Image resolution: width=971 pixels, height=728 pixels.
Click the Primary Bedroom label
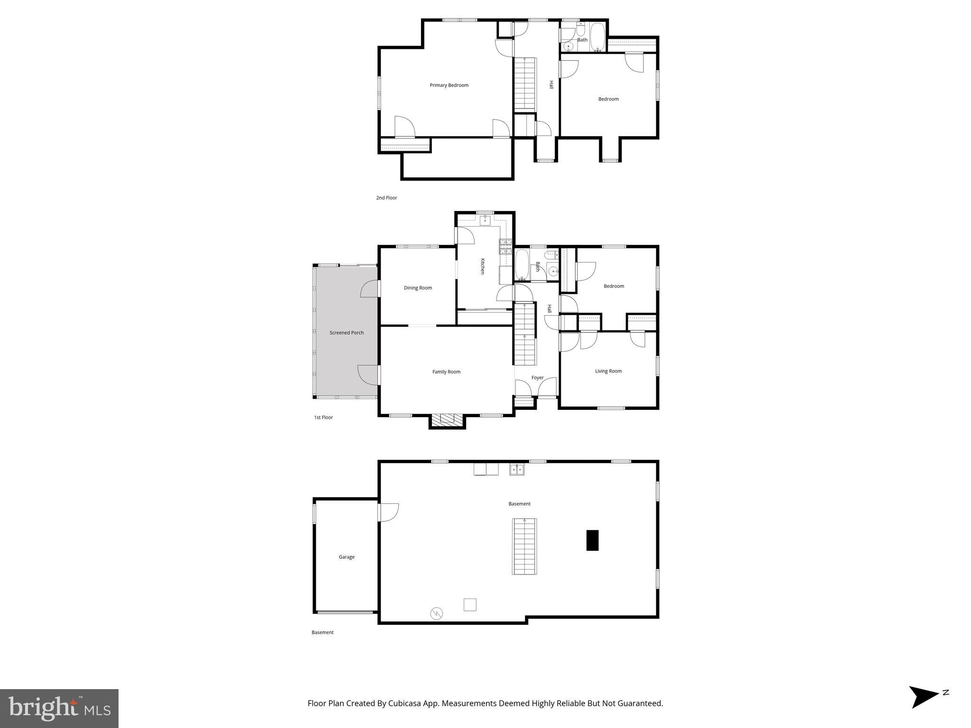[449, 85]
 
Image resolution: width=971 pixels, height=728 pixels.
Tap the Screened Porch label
[347, 333]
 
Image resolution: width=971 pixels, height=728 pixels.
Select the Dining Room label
[418, 288]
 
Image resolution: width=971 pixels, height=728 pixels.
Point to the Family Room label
[446, 372]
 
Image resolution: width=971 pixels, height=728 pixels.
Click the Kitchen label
[483, 266]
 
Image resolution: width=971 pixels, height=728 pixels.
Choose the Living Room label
[608, 371]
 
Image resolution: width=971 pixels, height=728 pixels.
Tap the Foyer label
[537, 378]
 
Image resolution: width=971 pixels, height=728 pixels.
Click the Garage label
[347, 557]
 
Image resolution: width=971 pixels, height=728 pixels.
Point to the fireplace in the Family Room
[447, 419]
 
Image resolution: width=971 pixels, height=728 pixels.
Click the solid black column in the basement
[592, 540]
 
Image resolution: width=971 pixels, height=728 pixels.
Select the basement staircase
[524, 546]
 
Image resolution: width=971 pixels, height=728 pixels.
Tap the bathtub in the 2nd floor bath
[597, 37]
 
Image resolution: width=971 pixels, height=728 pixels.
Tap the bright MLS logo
[59, 708]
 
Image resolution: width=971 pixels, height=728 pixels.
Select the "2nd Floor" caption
[386, 198]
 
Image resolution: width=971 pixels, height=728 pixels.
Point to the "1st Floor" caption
[323, 418]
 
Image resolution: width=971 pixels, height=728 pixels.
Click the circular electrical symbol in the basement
[436, 613]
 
